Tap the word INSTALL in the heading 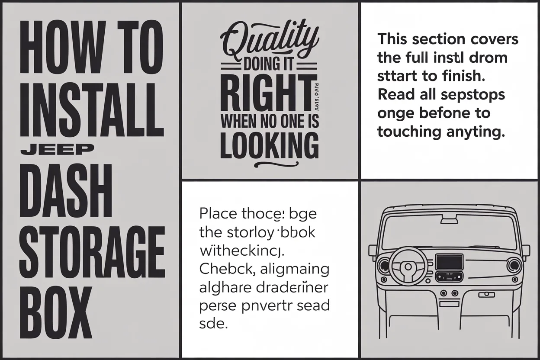click(x=92, y=106)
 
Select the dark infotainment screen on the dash click(x=448, y=262)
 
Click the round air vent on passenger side click(x=514, y=264)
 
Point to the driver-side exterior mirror click(x=373, y=251)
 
